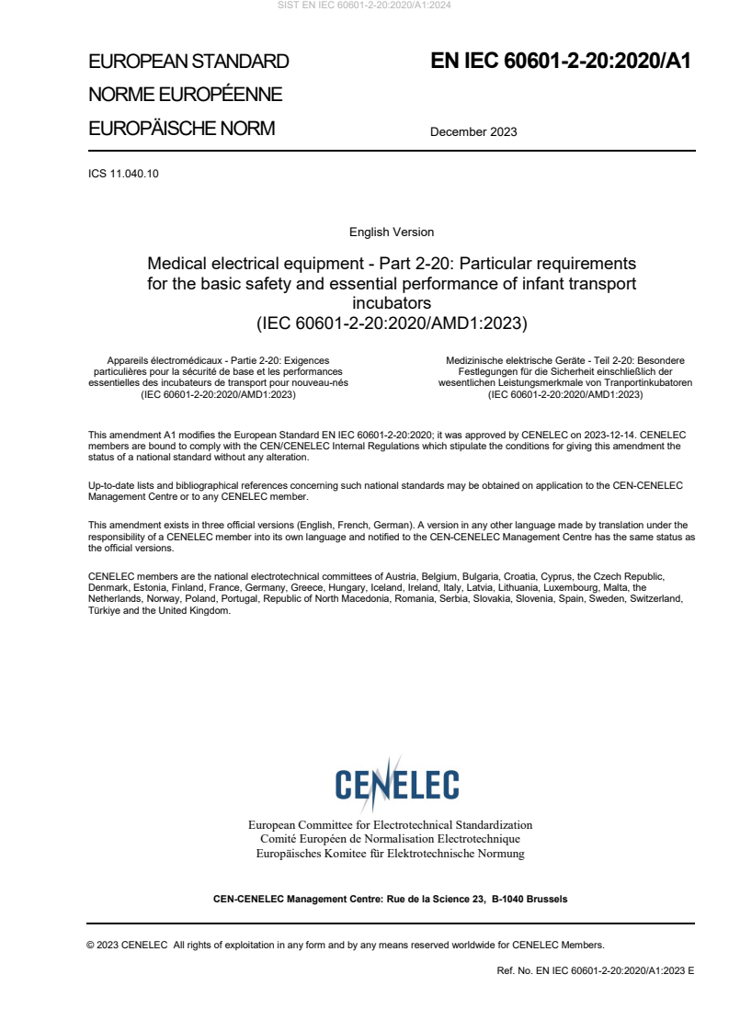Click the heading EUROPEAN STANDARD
188,62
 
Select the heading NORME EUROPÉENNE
185,96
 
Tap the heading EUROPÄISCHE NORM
181,129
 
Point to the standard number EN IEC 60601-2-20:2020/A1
561,62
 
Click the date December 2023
473,131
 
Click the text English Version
392,232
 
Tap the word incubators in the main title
392,302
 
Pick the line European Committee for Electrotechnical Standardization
390,825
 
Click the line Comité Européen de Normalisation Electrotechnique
390,839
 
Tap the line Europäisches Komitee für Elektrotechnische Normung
390,854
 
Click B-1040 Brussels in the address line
530,899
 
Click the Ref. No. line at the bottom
595,970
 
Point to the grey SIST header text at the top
364,5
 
